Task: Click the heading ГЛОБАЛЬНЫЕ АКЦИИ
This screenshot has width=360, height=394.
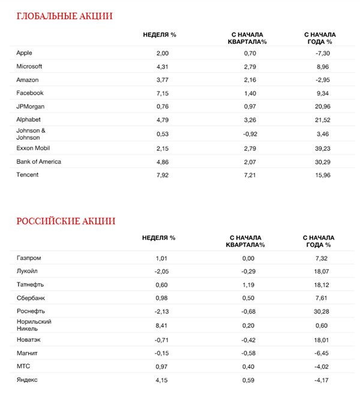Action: pyautogui.click(x=64, y=16)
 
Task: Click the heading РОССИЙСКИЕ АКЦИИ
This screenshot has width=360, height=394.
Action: pyautogui.click(x=66, y=220)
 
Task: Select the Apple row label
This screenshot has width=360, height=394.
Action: pyautogui.click(x=25, y=53)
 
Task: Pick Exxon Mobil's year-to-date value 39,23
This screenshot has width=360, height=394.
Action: pyautogui.click(x=319, y=148)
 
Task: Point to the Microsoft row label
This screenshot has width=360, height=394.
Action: pyautogui.click(x=29, y=66)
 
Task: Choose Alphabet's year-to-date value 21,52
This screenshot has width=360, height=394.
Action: pyautogui.click(x=319, y=120)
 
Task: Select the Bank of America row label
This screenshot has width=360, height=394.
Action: pyautogui.click(x=39, y=162)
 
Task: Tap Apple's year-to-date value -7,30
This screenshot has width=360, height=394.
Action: pyautogui.click(x=319, y=53)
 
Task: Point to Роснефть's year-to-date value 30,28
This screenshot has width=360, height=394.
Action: pyautogui.click(x=319, y=312)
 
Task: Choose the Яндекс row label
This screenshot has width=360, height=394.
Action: pyautogui.click(x=28, y=380)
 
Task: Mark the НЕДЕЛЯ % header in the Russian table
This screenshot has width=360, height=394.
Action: pyautogui.click(x=159, y=238)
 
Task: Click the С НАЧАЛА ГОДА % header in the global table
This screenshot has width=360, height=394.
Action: pyautogui.click(x=319, y=38)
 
